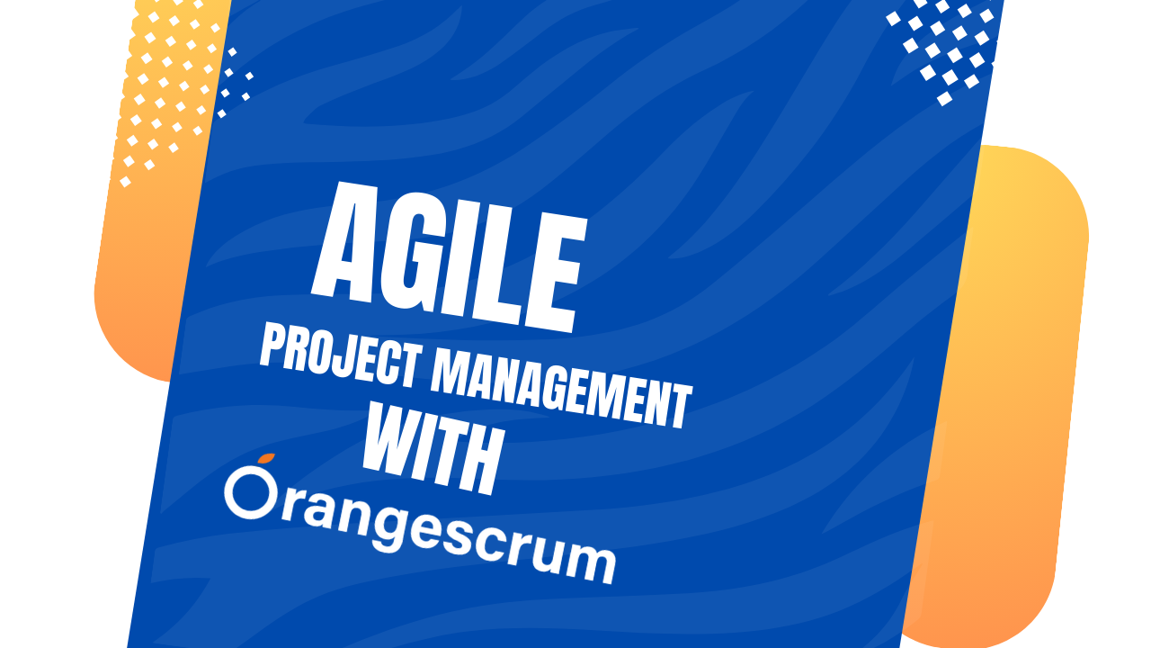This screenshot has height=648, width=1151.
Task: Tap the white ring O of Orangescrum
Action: (x=255, y=495)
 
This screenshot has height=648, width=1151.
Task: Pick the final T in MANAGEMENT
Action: (x=680, y=407)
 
